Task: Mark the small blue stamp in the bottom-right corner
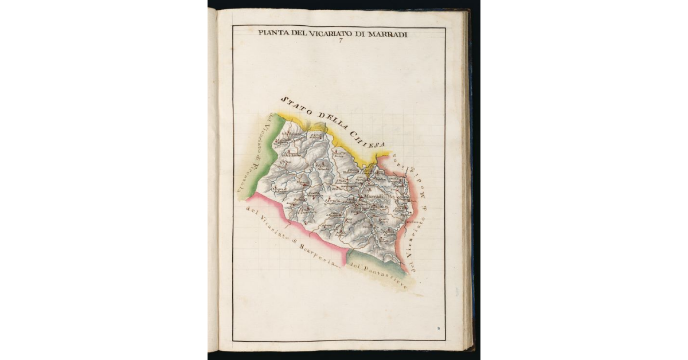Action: tap(438, 329)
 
